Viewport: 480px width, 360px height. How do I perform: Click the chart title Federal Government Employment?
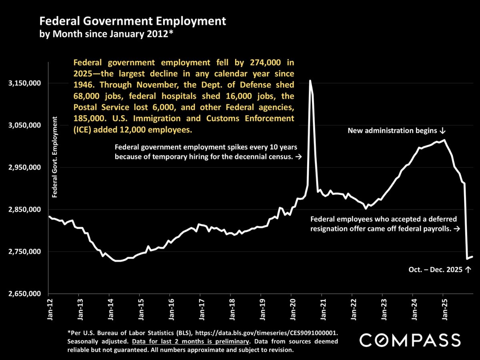[132, 21]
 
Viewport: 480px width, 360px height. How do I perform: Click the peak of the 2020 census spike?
[310, 81]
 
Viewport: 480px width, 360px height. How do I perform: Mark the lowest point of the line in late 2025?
[467, 258]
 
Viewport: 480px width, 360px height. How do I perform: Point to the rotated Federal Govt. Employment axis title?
[55, 157]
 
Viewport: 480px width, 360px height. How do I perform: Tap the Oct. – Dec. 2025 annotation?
[439, 270]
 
